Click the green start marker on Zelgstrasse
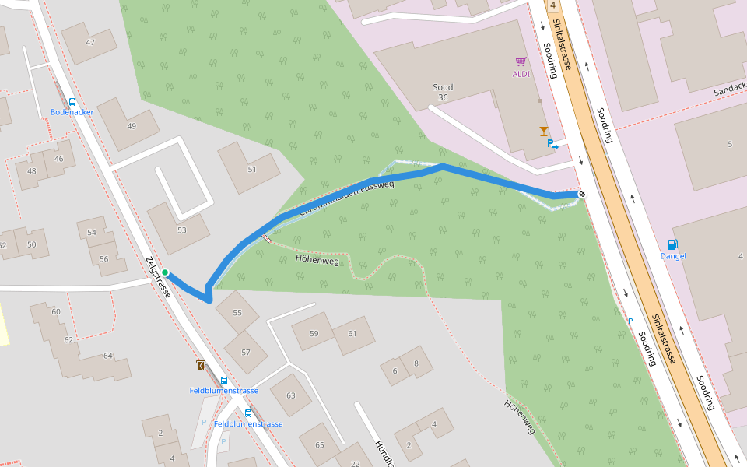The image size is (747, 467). coord(165,272)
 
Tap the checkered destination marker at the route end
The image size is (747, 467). coord(581,194)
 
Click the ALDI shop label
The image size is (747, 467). coord(521,74)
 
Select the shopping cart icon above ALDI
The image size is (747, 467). coord(521,61)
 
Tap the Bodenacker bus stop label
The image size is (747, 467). coord(72,112)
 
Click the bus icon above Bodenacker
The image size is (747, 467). coord(72,102)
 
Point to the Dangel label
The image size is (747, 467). coord(673,255)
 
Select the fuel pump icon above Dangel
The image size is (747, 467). coord(672,244)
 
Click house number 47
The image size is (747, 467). coord(90,42)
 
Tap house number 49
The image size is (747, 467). coord(131,126)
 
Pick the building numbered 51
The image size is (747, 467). coord(251,169)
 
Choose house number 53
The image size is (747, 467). coord(182,230)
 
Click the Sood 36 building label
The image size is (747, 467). coord(443,93)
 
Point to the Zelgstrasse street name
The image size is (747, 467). coord(158,277)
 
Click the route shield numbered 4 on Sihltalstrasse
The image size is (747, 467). coord(552,5)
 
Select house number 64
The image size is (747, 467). coord(107,356)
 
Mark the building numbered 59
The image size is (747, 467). coord(314,333)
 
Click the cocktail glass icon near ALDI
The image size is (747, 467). coord(543,131)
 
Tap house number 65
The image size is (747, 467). coord(319,444)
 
